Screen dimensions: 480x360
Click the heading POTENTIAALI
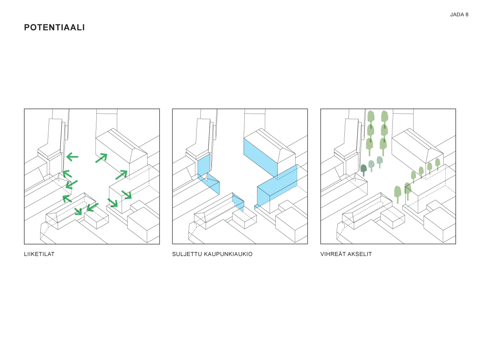tap(54, 28)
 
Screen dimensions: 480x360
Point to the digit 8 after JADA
tap(467, 15)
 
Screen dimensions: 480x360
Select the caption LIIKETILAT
tap(39, 254)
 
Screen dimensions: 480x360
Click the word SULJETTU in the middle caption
tap(187, 254)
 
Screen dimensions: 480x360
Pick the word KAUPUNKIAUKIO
tap(228, 254)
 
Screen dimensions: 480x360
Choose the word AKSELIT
tap(359, 254)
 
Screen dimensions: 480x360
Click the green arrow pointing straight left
tap(72, 157)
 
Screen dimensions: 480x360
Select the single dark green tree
tap(364, 170)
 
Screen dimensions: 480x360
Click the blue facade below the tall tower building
tap(204, 165)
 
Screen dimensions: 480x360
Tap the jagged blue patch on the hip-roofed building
tap(238, 202)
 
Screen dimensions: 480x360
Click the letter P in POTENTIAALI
tap(27, 28)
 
